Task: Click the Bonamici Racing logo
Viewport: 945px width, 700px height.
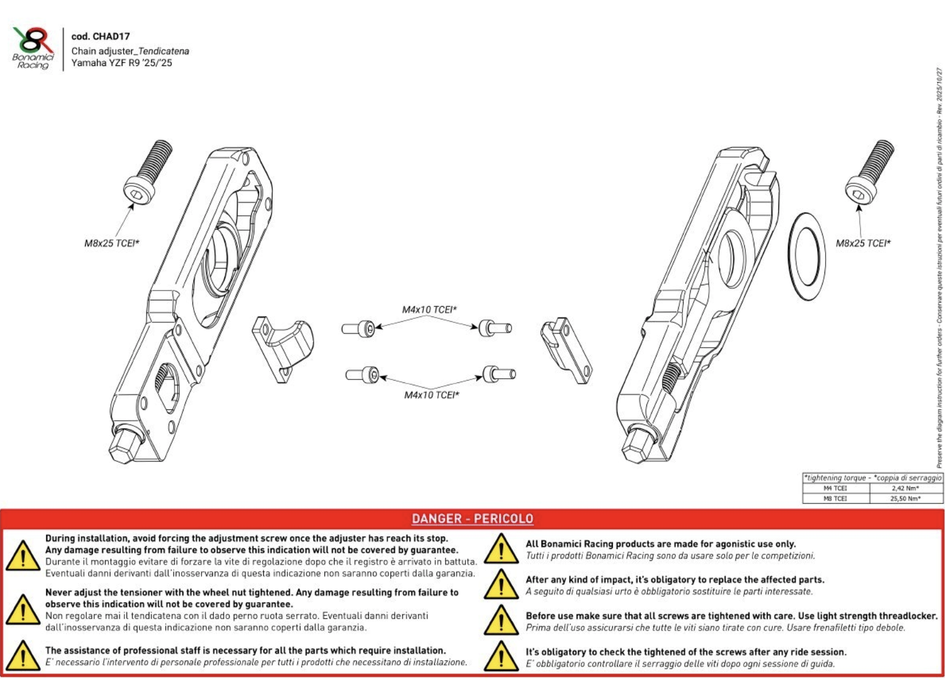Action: coord(34,48)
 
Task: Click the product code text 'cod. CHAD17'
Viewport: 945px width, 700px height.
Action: coord(100,37)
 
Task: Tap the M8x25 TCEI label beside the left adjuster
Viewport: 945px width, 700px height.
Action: coord(112,243)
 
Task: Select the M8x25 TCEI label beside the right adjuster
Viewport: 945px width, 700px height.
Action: coord(863,243)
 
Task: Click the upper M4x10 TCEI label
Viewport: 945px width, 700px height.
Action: coord(429,310)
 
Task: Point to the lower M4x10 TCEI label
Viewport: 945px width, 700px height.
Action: coord(432,395)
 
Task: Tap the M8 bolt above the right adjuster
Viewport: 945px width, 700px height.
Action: coord(869,171)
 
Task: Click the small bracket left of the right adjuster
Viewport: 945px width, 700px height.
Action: coord(566,349)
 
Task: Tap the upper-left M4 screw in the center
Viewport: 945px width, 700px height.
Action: coord(359,328)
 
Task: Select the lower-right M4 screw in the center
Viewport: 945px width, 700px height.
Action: coord(499,375)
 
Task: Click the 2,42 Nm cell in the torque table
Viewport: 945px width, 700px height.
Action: coord(905,488)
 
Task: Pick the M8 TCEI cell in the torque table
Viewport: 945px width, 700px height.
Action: coord(835,498)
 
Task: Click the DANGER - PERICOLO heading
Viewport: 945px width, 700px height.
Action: coord(472,519)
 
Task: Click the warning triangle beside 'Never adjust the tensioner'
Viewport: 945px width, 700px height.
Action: coord(22,610)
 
